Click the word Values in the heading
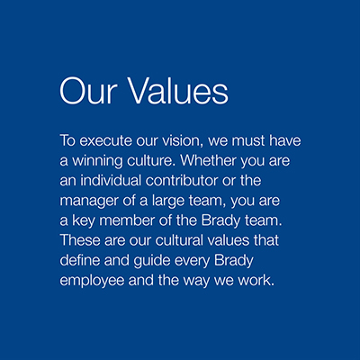(179, 91)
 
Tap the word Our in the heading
(88, 91)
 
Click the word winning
(97, 161)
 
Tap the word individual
(111, 180)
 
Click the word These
(80, 240)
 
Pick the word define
(80, 260)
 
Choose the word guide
(152, 261)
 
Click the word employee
(92, 281)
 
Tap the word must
(248, 140)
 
